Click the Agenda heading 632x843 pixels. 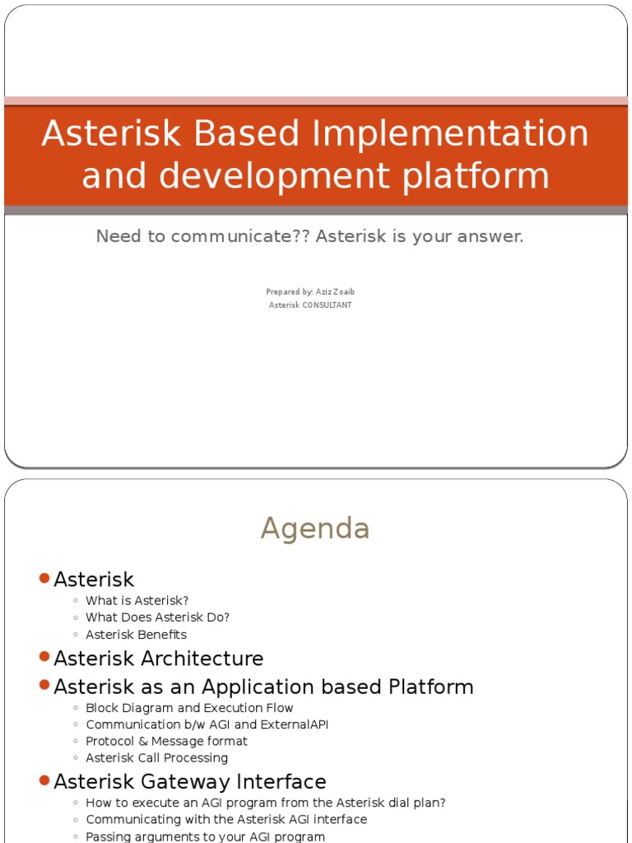point(315,529)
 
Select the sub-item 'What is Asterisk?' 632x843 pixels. point(137,601)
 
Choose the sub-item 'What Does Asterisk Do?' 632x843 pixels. point(157,617)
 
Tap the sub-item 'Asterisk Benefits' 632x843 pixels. point(136,635)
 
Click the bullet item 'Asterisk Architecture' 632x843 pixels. point(158,659)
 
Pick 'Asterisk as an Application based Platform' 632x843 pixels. point(263,687)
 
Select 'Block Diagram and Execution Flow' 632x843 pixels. point(189,708)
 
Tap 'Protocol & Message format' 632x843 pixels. point(166,741)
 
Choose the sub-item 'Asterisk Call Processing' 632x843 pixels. point(156,758)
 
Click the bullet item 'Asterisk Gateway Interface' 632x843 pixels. point(189,781)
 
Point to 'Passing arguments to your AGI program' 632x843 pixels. point(205,836)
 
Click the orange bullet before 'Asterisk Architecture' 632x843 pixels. point(44,657)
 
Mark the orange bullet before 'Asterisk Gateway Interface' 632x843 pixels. point(44,780)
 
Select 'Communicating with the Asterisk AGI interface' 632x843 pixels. point(226,820)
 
